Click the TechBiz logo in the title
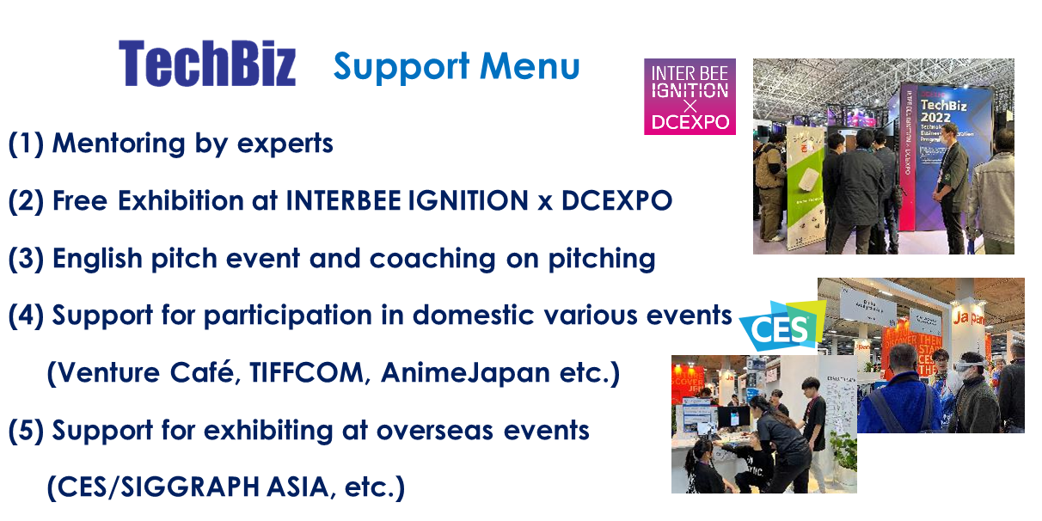coord(207,64)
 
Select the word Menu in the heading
coord(530,66)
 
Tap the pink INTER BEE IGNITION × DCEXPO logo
coord(690,97)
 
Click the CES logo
coord(781,326)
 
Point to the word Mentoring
coord(119,144)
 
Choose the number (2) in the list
coord(26,201)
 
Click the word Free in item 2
coord(80,201)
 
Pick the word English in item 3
coord(97,259)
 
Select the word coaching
coord(432,259)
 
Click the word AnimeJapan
coord(466,373)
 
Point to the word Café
coord(205,372)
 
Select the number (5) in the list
coord(26,430)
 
